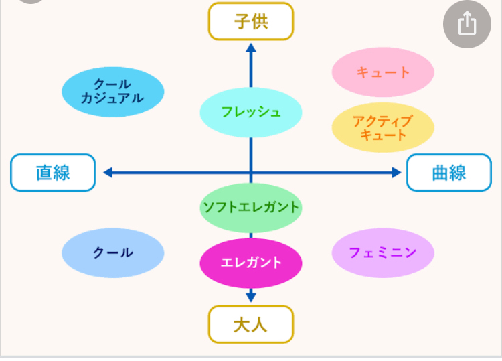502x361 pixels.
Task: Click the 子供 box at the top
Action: (x=251, y=21)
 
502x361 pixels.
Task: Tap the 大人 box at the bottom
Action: (x=251, y=324)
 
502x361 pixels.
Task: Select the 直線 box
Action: (x=53, y=173)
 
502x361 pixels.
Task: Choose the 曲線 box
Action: (x=448, y=173)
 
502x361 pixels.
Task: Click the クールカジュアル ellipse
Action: (x=112, y=92)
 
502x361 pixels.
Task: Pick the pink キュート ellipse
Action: (x=383, y=72)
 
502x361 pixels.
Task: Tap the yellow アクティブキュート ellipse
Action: (x=383, y=127)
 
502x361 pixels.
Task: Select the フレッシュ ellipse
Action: (x=251, y=112)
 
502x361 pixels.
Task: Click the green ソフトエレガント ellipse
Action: (x=251, y=207)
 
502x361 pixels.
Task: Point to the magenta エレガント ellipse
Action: (x=251, y=262)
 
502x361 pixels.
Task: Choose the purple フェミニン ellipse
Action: (x=383, y=252)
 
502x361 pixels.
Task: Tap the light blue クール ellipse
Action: (x=112, y=252)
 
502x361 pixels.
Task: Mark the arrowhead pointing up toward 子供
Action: (x=251, y=48)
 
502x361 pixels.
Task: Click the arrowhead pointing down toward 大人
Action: (x=251, y=296)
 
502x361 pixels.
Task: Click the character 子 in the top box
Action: (x=242, y=21)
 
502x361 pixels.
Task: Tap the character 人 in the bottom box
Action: (x=260, y=325)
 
